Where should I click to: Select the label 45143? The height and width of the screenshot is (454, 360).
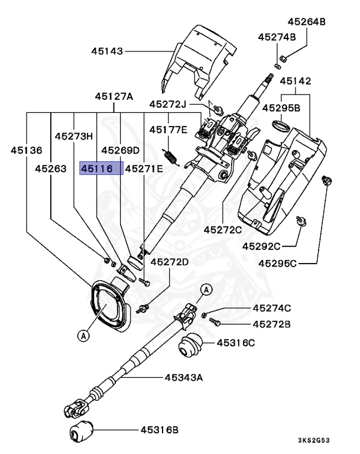(x=107, y=51)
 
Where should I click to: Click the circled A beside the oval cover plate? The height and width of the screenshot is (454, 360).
(x=83, y=335)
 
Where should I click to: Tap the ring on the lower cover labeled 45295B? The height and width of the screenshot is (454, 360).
(x=280, y=125)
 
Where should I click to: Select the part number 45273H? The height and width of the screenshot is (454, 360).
(x=74, y=135)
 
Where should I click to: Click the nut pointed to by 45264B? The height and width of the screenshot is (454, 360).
(x=283, y=58)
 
